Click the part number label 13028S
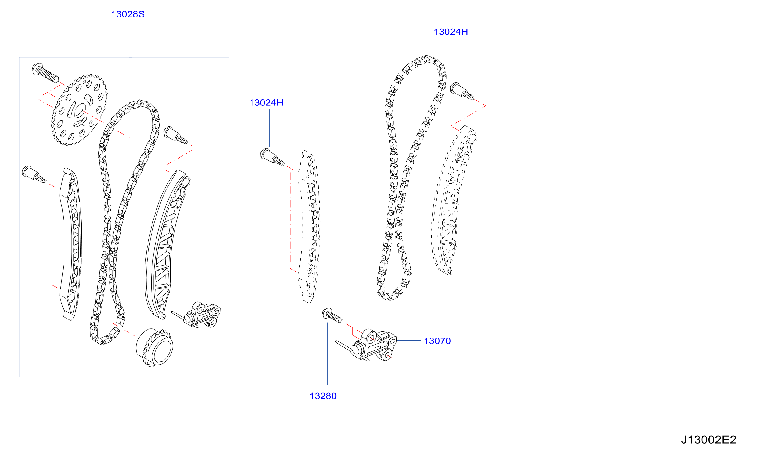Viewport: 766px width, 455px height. coord(128,14)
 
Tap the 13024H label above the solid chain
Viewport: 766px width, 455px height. coord(451,32)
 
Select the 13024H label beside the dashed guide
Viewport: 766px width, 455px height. coord(266,103)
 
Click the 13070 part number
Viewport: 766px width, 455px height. coord(437,341)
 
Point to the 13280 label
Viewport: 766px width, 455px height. coord(323,396)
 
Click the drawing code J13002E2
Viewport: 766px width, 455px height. coord(709,440)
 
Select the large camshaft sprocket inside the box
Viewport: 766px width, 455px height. coord(79,109)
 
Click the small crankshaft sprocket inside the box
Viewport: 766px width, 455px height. coord(155,348)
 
